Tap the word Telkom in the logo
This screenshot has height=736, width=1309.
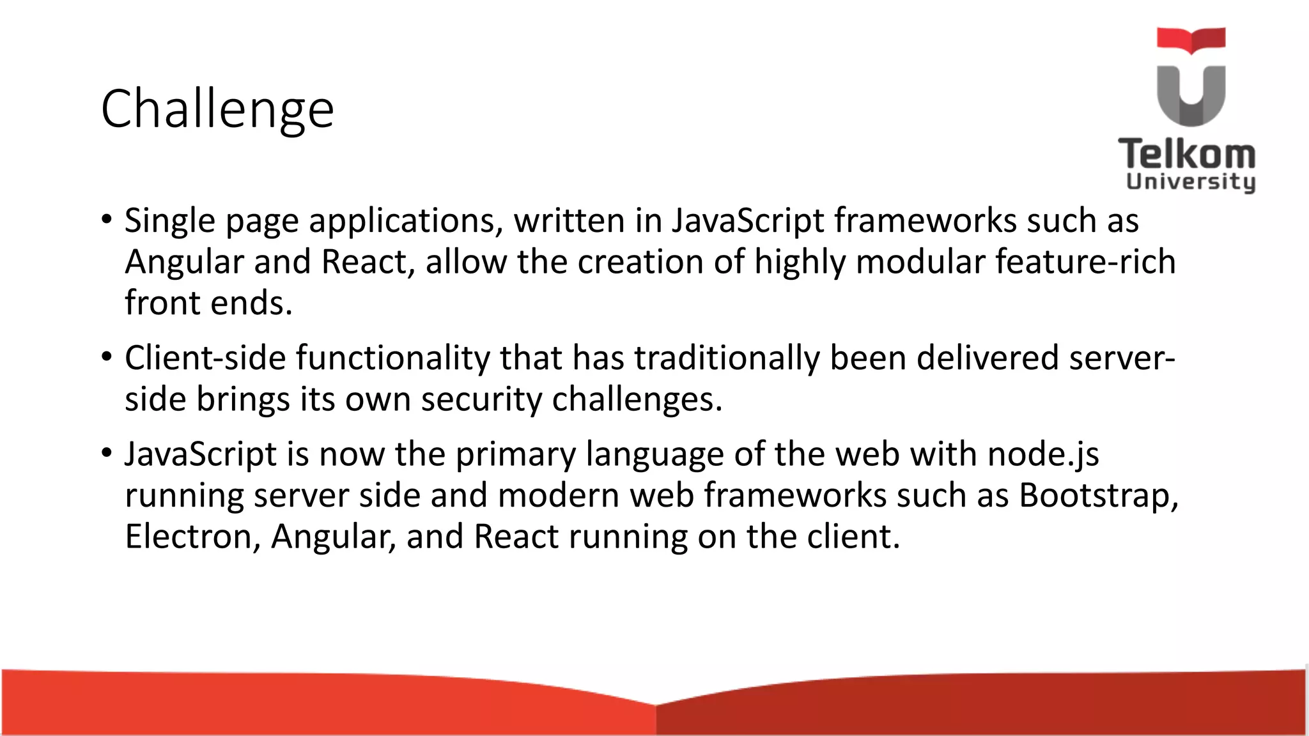[x=1186, y=155]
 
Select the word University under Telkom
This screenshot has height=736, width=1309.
[x=1190, y=182]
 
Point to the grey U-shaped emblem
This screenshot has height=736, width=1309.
[x=1191, y=96]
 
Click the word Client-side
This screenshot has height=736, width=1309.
[x=205, y=358]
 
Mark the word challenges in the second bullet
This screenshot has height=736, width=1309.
[x=637, y=400]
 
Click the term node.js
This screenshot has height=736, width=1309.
[x=1043, y=455]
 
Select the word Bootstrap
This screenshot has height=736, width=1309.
[x=1098, y=496]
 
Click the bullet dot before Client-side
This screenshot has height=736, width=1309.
[x=107, y=356]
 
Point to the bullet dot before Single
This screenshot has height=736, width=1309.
[x=107, y=219]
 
